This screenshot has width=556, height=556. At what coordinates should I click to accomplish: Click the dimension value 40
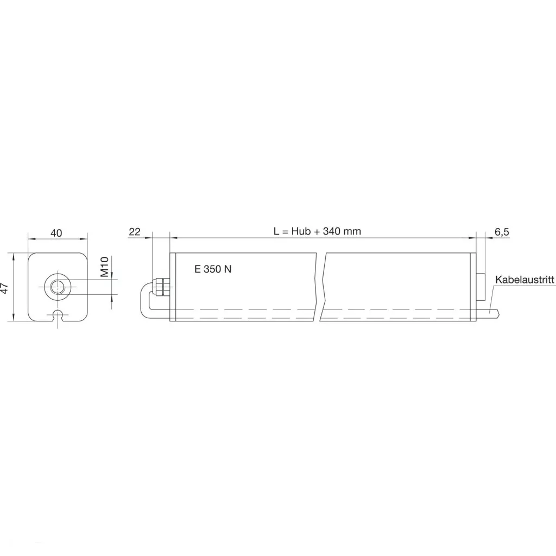click(56, 233)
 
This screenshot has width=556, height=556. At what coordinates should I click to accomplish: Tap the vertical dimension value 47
click(4, 288)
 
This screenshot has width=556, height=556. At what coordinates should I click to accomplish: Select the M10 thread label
click(104, 267)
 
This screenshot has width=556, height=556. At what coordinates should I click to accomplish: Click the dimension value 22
click(135, 232)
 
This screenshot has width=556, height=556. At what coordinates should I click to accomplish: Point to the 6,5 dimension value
click(502, 232)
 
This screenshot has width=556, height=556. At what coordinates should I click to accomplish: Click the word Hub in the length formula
click(301, 231)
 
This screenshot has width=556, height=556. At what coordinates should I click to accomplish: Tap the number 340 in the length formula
click(332, 231)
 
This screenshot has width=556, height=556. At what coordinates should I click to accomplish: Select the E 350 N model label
click(213, 269)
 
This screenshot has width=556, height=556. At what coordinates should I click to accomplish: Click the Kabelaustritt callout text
click(525, 280)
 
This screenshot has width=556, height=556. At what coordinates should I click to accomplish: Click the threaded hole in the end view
click(57, 287)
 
